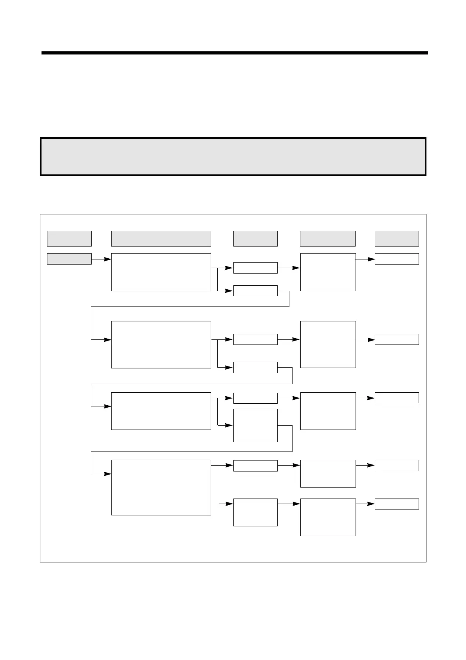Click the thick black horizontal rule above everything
(x=234, y=53)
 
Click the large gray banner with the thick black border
(x=233, y=156)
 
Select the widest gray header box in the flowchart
(x=161, y=238)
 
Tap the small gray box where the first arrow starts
(x=69, y=259)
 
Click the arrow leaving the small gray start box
(x=101, y=259)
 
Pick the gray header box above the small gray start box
(x=69, y=238)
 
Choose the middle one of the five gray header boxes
(x=255, y=238)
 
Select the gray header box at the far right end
(x=397, y=238)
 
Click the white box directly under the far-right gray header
(x=397, y=259)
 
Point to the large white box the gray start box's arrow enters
(x=161, y=272)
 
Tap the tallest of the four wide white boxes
(x=161, y=487)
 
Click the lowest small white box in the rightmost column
(x=397, y=504)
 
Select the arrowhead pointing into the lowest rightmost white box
(x=371, y=504)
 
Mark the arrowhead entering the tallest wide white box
(x=108, y=474)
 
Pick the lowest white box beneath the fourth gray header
(x=328, y=517)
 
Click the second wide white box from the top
(x=161, y=345)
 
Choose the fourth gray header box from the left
(x=328, y=238)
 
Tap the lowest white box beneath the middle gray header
(x=255, y=512)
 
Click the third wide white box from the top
(x=161, y=411)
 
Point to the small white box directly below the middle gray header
(x=255, y=268)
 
